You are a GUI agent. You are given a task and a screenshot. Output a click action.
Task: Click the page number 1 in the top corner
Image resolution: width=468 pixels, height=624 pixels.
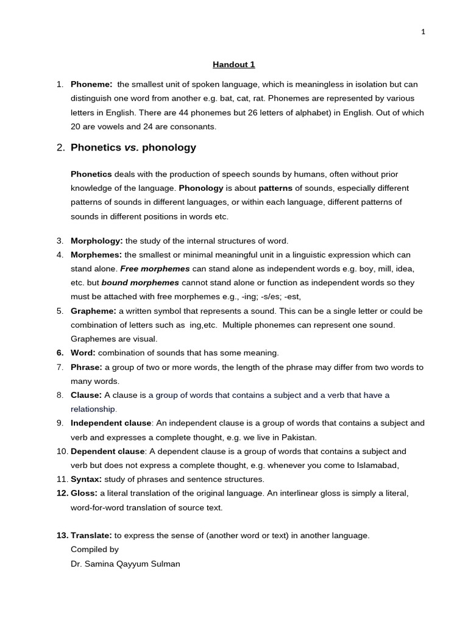click(423, 32)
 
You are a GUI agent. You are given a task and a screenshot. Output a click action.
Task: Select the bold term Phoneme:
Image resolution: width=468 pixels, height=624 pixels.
click(91, 84)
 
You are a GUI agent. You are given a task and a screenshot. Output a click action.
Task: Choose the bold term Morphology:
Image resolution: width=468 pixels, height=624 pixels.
click(97, 241)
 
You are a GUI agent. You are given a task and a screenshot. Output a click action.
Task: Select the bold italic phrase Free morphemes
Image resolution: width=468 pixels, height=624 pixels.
click(155, 269)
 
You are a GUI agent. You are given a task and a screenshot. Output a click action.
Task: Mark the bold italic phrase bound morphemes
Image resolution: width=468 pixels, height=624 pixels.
click(140, 283)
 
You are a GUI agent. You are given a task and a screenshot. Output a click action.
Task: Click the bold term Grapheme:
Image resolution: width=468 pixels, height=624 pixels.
click(93, 311)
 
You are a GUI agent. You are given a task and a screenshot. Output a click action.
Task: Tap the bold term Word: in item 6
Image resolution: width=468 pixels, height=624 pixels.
click(83, 353)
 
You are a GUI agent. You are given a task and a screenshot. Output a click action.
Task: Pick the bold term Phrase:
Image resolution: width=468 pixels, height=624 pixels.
click(87, 367)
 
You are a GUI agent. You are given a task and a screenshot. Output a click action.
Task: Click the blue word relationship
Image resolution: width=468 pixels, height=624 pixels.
click(93, 409)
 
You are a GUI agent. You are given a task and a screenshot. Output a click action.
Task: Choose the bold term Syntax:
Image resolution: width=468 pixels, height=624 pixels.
click(86, 480)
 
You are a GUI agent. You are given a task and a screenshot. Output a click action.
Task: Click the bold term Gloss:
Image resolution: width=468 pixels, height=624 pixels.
click(84, 493)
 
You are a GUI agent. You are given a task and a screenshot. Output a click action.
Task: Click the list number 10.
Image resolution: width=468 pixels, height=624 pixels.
click(62, 452)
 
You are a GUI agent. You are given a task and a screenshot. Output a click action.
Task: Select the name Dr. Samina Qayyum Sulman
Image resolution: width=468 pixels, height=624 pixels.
click(126, 564)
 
